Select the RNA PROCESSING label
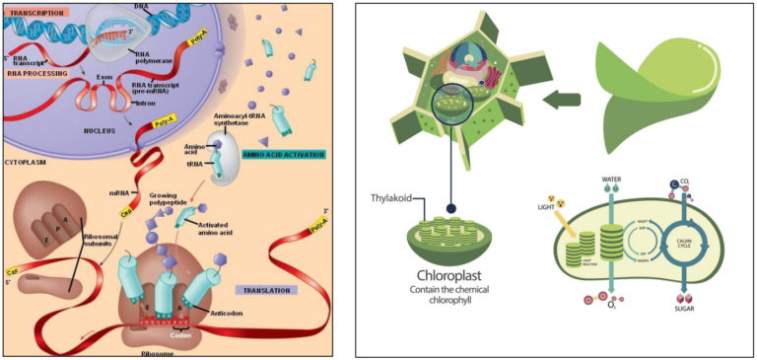pos(37,72)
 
